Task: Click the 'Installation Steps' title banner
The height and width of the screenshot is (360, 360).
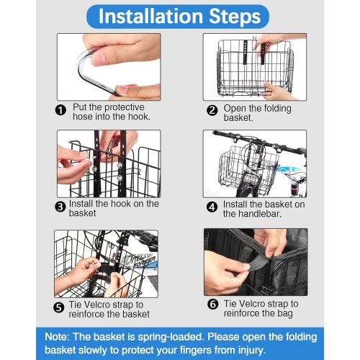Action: click(x=178, y=17)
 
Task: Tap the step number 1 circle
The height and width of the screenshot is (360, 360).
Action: click(x=60, y=110)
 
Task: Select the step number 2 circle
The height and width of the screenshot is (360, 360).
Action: click(x=212, y=111)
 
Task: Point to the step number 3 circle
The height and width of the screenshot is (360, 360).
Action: click(x=60, y=207)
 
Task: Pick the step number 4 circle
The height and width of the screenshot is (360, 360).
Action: click(x=212, y=207)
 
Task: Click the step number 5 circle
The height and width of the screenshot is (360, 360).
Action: click(x=59, y=307)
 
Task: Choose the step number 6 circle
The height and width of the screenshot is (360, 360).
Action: click(x=213, y=305)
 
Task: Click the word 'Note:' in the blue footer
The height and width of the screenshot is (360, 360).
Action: click(x=57, y=337)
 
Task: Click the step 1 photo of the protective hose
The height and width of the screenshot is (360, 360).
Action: click(x=109, y=67)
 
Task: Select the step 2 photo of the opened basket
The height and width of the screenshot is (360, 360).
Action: click(x=255, y=67)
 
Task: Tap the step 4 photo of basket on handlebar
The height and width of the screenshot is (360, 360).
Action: click(x=255, y=163)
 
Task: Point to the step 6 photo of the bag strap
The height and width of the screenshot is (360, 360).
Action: click(x=256, y=262)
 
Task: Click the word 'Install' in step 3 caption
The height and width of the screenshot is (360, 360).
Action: click(x=81, y=204)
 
